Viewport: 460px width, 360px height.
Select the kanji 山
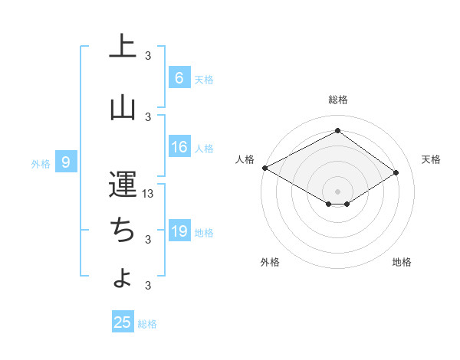click(123, 108)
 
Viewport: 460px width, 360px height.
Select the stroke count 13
click(149, 194)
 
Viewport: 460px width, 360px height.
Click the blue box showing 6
click(179, 77)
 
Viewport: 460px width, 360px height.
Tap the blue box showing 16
click(179, 147)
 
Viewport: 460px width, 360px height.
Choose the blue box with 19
click(179, 231)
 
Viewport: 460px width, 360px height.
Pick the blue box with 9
click(66, 162)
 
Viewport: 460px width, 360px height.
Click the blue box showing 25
click(123, 322)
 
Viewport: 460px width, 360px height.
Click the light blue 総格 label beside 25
click(147, 324)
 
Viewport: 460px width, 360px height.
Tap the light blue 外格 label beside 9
click(40, 163)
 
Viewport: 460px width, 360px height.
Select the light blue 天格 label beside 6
click(203, 79)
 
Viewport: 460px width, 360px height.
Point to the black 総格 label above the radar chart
click(337, 100)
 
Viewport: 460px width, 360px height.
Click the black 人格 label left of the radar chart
click(245, 159)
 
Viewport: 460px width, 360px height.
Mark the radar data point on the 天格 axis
click(396, 173)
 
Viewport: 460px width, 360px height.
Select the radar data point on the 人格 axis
click(264, 168)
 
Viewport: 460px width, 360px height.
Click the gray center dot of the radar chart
click(337, 191)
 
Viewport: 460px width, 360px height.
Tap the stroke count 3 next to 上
click(149, 55)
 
